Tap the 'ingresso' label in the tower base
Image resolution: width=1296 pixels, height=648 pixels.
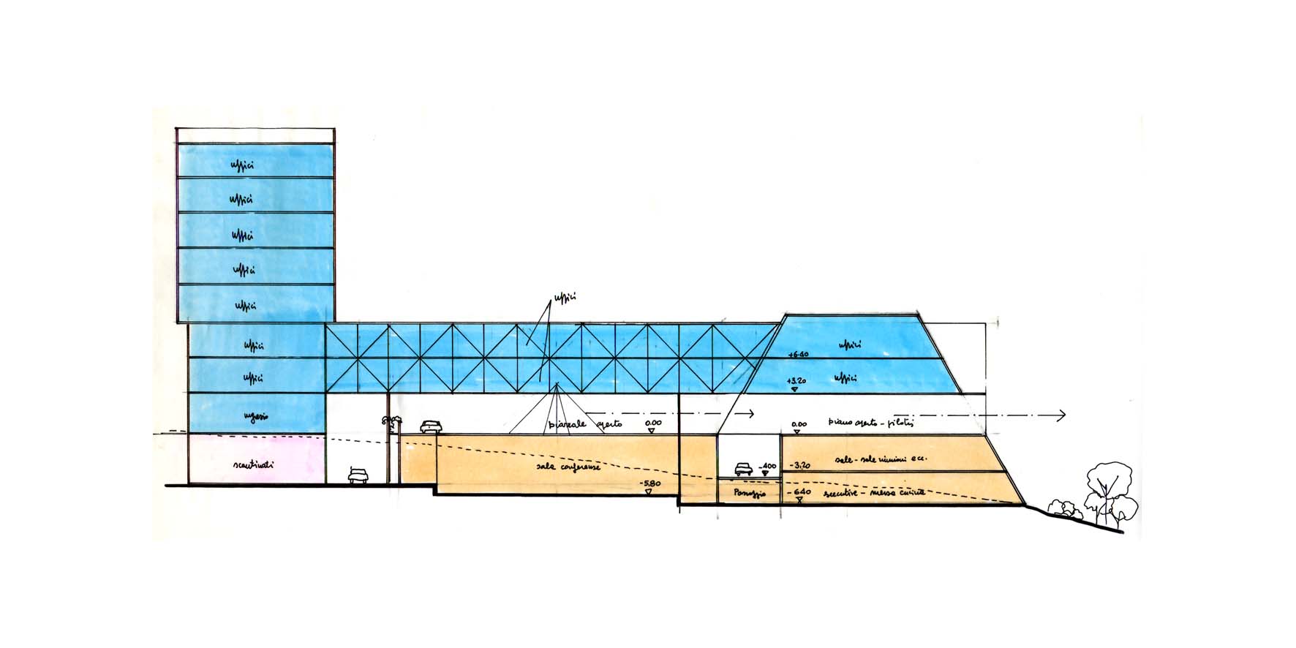tap(255, 416)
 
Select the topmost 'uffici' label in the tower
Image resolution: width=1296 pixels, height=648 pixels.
tap(241, 165)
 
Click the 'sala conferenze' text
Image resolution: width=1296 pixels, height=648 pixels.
tap(568, 464)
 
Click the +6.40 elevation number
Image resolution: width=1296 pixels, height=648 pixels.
tap(798, 355)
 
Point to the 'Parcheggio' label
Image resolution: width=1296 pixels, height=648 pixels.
tap(749, 494)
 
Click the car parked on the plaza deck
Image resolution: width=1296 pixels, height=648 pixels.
tap(431, 426)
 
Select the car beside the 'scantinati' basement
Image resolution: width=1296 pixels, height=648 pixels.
tap(358, 475)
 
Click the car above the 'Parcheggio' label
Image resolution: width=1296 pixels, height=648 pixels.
tap(743, 468)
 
